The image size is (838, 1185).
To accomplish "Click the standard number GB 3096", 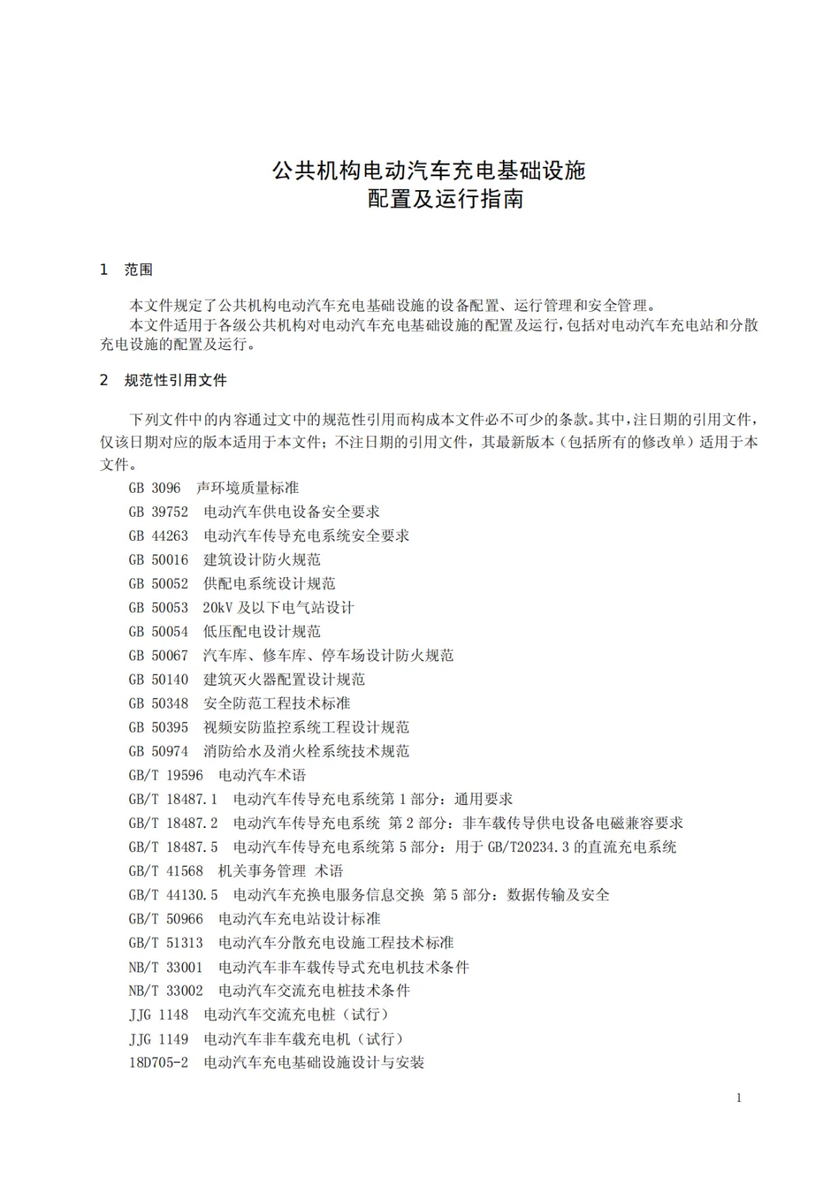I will tap(154, 488).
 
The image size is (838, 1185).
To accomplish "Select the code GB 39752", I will tap(158, 512).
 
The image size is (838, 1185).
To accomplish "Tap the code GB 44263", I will tap(158, 536).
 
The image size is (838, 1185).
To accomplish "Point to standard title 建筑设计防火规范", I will tap(261, 560).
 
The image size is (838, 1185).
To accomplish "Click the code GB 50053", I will tap(158, 608).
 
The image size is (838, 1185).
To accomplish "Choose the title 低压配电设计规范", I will tap(261, 632).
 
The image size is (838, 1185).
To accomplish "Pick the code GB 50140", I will tap(158, 680).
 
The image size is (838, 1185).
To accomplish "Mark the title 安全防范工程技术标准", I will tap(276, 704).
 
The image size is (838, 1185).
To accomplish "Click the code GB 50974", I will tap(158, 751).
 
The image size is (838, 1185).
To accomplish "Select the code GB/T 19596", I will tap(166, 775).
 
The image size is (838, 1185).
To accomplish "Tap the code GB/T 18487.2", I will tap(173, 823).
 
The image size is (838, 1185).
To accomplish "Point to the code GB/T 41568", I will tap(166, 871).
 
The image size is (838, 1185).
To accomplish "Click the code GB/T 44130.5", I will tap(173, 896).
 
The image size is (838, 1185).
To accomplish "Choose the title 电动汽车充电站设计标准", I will tap(300, 920).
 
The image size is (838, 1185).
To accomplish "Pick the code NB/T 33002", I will tap(166, 991).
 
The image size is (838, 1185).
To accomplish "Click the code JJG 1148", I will tap(158, 1015).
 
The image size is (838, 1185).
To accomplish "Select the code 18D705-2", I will tap(158, 1063).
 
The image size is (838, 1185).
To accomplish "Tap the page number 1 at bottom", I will tap(739, 1097).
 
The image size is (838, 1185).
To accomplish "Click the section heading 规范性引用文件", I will tap(175, 381).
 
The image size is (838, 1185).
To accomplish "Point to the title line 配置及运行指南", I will tap(445, 199).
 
